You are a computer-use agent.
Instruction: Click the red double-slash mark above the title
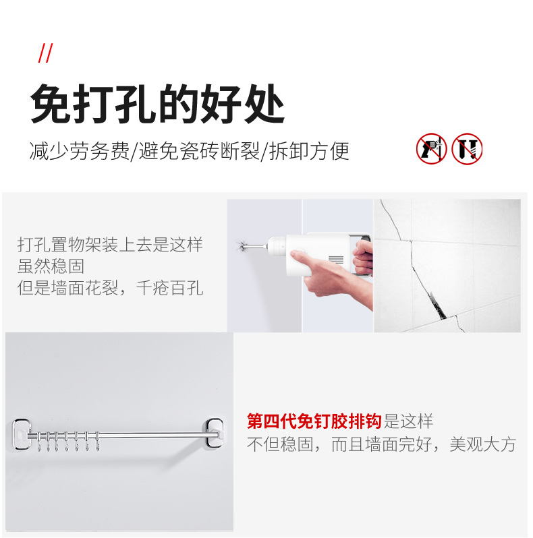(x=45, y=53)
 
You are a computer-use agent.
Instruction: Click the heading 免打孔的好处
(x=158, y=104)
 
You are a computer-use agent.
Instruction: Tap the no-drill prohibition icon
(x=431, y=148)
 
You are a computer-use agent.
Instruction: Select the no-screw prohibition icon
(x=467, y=148)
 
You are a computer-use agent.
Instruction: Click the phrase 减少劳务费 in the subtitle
(x=80, y=151)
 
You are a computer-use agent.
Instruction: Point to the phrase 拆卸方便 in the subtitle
(x=309, y=151)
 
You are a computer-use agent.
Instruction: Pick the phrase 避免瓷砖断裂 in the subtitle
(x=199, y=151)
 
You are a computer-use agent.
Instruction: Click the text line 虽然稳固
(x=51, y=266)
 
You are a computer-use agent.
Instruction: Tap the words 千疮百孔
(x=169, y=288)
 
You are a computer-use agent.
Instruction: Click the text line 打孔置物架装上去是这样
(x=110, y=245)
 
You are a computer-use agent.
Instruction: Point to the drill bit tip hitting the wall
(x=241, y=245)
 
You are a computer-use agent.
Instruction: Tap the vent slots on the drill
(x=336, y=260)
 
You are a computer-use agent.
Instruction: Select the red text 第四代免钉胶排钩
(x=314, y=421)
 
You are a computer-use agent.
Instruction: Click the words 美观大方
(x=483, y=444)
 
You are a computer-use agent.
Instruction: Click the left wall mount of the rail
(x=22, y=434)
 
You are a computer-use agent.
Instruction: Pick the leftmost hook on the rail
(x=39, y=442)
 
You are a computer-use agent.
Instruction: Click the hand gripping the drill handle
(x=363, y=258)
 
